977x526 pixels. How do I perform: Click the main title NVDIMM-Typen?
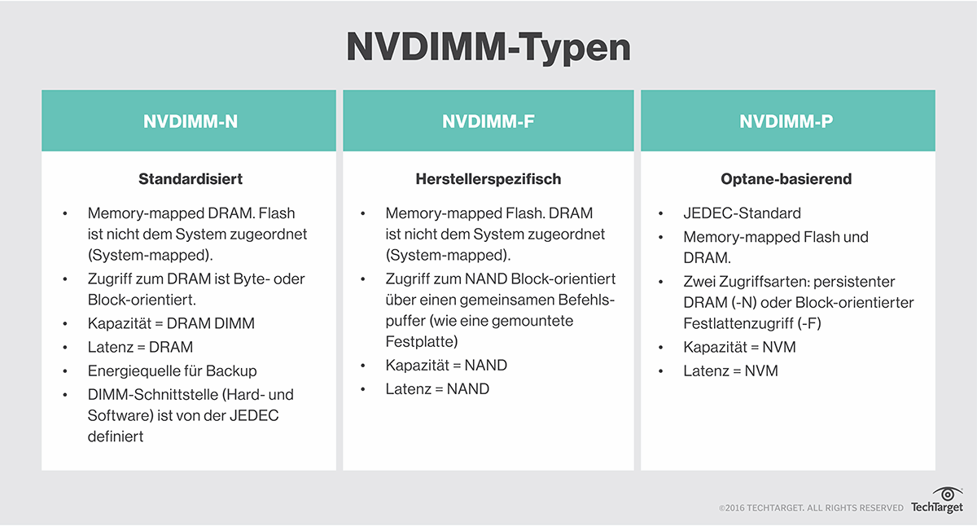pos(488,47)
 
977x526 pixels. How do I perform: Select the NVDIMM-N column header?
pos(191,121)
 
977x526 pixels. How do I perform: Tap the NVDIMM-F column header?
pos(488,121)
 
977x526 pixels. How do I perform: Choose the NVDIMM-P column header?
pos(786,121)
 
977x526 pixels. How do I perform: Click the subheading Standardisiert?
pos(191,178)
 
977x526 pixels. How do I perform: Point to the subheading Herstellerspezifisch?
pos(488,178)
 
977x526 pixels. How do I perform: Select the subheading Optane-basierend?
pos(786,178)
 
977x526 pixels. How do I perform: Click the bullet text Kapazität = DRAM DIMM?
pos(171,323)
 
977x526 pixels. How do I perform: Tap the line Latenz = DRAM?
pos(140,348)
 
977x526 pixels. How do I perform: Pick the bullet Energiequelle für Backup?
pos(172,371)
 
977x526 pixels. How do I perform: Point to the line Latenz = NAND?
pos(437,389)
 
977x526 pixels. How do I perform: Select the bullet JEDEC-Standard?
pos(742,213)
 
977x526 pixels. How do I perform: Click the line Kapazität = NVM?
pos(739,347)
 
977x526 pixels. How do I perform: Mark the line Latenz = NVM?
pos(730,371)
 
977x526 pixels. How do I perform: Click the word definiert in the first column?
pos(116,436)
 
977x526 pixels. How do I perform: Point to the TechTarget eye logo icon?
pos(948,493)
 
